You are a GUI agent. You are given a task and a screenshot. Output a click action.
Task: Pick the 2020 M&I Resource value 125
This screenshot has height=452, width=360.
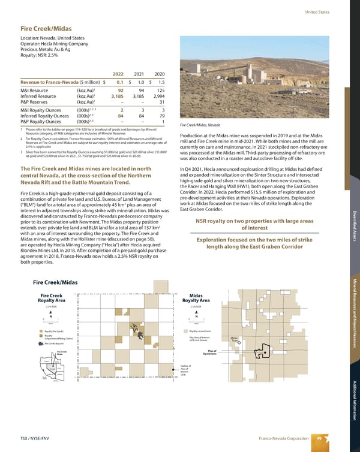tap(160, 89)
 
